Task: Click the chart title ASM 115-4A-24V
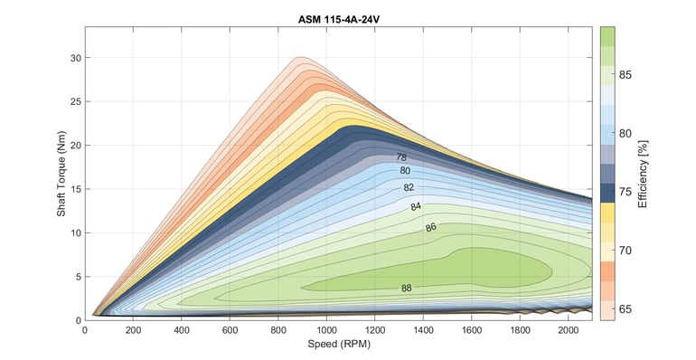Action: pos(339,18)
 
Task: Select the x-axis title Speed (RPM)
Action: pos(339,344)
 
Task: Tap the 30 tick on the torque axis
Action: pos(76,58)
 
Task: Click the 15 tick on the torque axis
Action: pos(76,189)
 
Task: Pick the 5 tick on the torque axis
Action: pos(79,276)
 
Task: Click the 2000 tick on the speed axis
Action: pos(567,330)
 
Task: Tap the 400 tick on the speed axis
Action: pos(181,330)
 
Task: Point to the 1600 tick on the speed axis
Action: pos(470,330)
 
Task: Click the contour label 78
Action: pos(400,157)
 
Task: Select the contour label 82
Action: pos(409,188)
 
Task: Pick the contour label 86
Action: pos(431,227)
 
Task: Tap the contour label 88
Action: pos(407,289)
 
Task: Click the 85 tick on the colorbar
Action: pos(624,74)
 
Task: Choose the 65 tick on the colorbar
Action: pos(624,309)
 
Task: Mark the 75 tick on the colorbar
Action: pos(624,192)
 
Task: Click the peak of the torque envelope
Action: pos(300,57)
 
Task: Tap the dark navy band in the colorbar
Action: pos(608,193)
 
